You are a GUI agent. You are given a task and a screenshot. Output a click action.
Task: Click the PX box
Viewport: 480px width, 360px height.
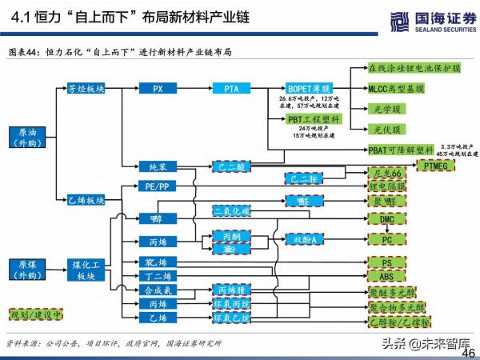(x=158, y=88)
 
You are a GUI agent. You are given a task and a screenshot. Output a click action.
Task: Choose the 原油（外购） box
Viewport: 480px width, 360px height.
(x=26, y=137)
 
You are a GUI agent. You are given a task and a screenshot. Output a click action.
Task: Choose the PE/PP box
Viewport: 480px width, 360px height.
(x=158, y=186)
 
